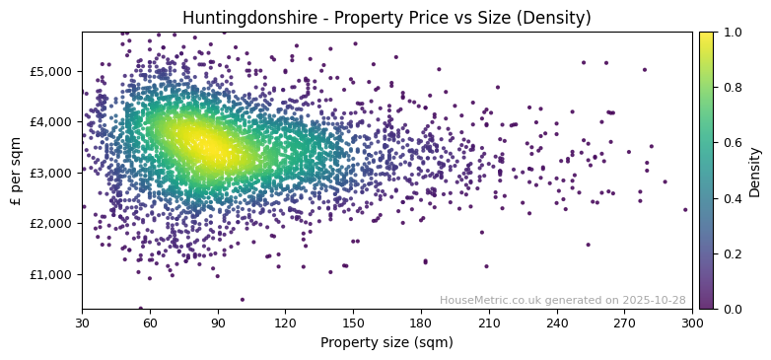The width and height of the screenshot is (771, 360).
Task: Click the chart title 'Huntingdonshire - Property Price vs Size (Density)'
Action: click(386, 18)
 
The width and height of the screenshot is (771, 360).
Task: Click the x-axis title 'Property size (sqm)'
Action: click(386, 343)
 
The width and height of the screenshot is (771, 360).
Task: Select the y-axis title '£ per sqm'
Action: click(16, 171)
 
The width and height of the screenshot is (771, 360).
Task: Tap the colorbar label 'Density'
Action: click(755, 172)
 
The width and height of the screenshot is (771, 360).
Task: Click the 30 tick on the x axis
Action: click(82, 323)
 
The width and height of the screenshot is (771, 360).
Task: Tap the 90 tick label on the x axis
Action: click(218, 323)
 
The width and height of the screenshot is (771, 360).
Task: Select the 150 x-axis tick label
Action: click(353, 323)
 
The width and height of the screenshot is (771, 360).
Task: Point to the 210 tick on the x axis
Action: click(489, 323)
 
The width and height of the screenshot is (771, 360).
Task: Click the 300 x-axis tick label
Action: click(692, 323)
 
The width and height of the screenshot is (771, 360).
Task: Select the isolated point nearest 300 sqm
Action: click(685, 209)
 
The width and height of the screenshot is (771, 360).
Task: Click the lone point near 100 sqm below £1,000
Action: click(242, 300)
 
